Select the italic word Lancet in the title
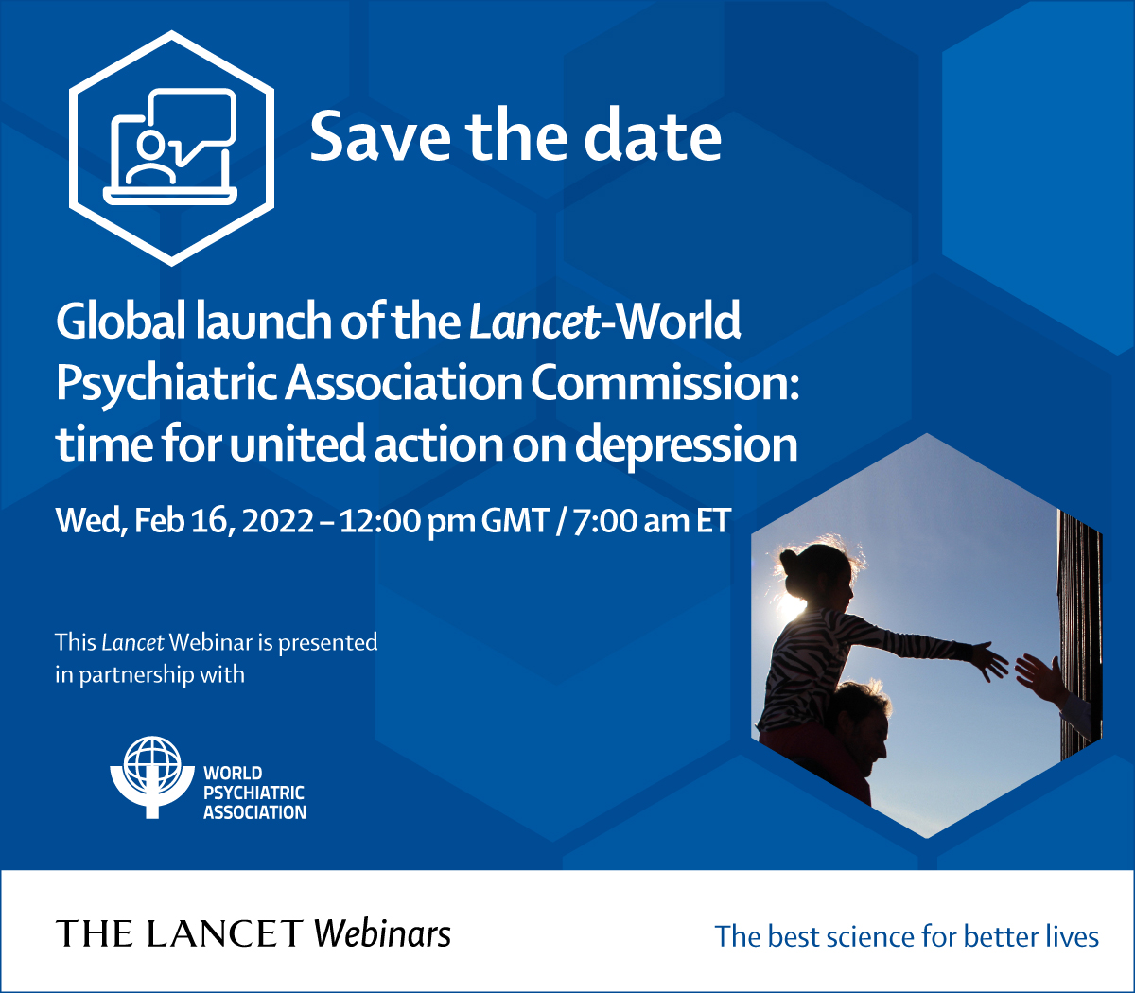[x=534, y=322]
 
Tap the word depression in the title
[x=687, y=444]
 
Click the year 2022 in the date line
[x=278, y=521]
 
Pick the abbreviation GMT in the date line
[x=515, y=521]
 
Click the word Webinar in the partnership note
[x=211, y=642]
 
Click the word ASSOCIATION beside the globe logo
[x=254, y=812]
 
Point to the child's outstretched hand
[x=989, y=659]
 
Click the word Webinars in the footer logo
[x=382, y=933]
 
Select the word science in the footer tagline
[x=870, y=936]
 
